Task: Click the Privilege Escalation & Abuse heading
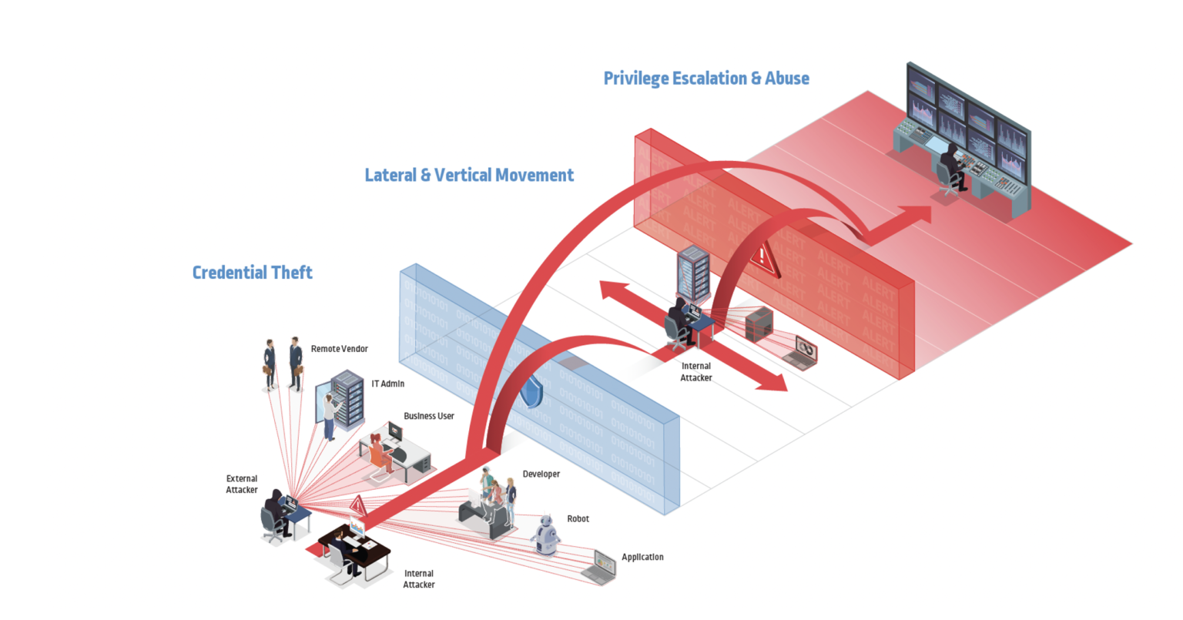point(705,79)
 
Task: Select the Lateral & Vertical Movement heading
point(469,176)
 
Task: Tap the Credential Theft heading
point(252,273)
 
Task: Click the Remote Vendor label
point(339,349)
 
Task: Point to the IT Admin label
point(387,384)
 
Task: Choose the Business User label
point(428,416)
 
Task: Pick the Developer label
point(541,474)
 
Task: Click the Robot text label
point(578,519)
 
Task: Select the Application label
point(642,557)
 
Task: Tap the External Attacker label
point(242,484)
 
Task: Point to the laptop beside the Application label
point(599,568)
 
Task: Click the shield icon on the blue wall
point(531,392)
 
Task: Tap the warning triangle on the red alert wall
point(765,257)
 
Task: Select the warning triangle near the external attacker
point(357,506)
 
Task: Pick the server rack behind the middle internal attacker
point(692,273)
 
